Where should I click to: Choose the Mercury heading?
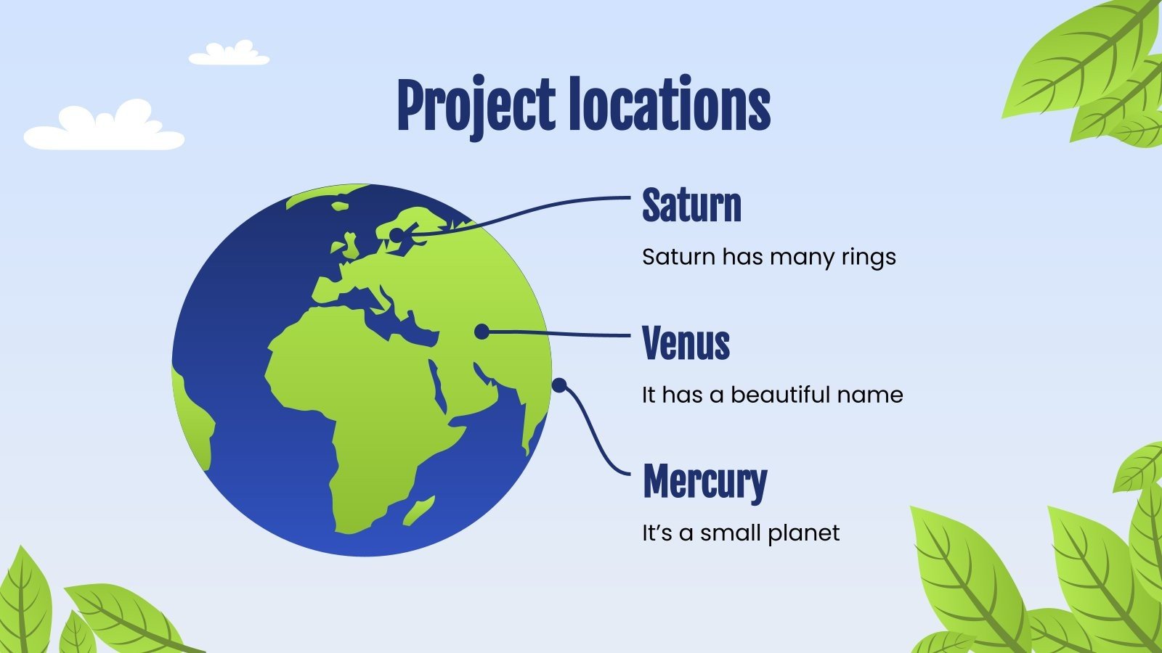tap(704, 482)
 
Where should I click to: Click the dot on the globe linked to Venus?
tap(481, 332)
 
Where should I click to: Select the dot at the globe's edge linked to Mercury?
tap(558, 385)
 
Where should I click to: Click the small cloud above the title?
tap(229, 54)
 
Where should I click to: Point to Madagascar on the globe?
tap(420, 509)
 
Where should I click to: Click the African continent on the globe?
tap(356, 406)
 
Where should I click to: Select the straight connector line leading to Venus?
tap(559, 334)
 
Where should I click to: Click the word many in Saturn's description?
tap(803, 258)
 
